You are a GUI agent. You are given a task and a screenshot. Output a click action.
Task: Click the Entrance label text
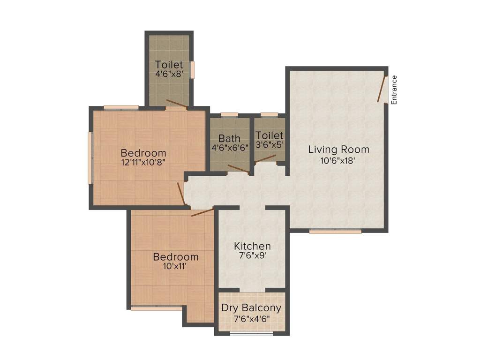coord(394,90)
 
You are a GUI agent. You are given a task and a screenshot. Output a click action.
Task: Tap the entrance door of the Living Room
coord(382,89)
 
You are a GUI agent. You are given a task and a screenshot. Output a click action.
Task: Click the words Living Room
coord(338,150)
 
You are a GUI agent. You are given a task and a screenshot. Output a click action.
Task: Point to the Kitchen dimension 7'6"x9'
coord(252,256)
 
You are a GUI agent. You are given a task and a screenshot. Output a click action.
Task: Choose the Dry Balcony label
coord(252,308)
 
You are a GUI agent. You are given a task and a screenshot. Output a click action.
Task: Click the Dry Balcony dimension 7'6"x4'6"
coord(252,319)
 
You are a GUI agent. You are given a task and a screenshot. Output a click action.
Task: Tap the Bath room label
coord(229,139)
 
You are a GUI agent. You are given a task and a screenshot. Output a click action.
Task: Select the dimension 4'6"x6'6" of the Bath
coord(230,147)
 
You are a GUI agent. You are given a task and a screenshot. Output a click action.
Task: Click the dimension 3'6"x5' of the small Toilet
coord(270,145)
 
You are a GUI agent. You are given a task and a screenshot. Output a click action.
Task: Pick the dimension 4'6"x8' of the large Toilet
coord(169,74)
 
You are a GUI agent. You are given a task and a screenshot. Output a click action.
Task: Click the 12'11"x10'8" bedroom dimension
coord(143,162)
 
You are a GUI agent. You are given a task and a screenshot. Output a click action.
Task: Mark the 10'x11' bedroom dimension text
coord(176,266)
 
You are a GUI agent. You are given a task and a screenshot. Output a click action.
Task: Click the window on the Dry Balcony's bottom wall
coord(252,333)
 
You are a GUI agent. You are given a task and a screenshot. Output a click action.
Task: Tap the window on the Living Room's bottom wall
coord(335,231)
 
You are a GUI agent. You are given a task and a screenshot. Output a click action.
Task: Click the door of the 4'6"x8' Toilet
coord(177,105)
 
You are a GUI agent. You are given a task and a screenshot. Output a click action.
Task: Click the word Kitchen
coord(252,246)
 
